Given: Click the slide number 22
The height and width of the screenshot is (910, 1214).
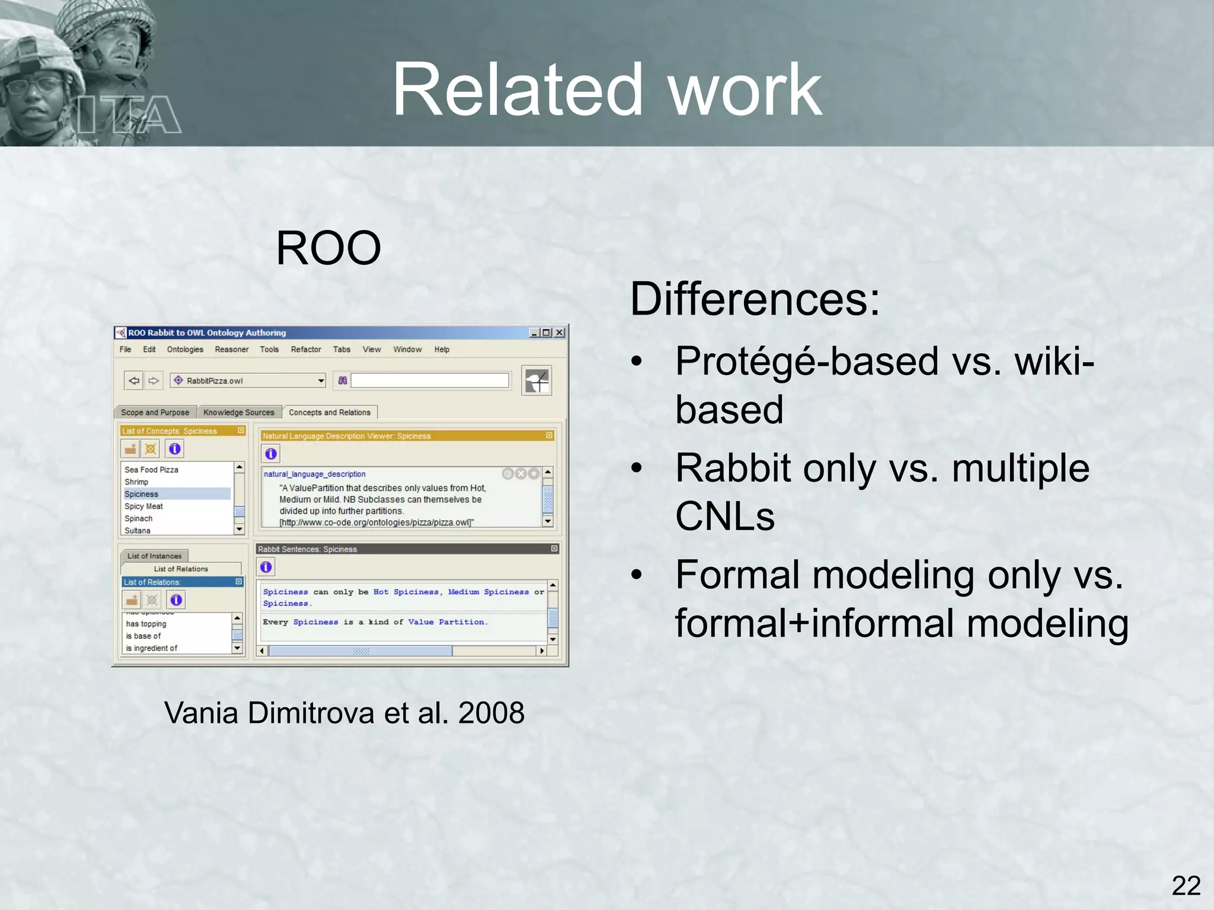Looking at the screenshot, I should [x=1186, y=886].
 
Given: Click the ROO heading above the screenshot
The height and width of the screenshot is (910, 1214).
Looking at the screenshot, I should [x=328, y=248].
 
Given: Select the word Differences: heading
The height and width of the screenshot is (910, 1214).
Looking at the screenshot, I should [x=755, y=299].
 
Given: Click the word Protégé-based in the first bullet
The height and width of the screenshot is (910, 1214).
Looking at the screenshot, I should [x=806, y=361].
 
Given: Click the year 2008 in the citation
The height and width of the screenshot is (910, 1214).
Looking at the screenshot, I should [x=491, y=713].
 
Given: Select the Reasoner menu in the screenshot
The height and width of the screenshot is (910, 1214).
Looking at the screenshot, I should [x=231, y=350].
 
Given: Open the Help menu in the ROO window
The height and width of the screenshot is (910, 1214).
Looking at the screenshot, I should [x=442, y=350].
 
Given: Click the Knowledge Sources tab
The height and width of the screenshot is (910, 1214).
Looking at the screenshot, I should [x=238, y=412].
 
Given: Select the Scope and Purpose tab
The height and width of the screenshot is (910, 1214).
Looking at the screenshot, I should [x=155, y=412].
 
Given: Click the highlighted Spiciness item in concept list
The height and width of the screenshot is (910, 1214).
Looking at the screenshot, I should [x=142, y=494].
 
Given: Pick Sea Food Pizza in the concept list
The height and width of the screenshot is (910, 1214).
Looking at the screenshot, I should [x=151, y=470].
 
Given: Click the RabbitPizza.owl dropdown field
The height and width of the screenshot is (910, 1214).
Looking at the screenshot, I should [x=248, y=380].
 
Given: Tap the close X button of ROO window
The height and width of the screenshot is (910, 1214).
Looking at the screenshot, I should [x=559, y=333].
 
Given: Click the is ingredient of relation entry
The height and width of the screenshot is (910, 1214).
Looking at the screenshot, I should [x=151, y=648].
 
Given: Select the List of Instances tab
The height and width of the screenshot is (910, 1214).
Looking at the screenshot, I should [x=154, y=556].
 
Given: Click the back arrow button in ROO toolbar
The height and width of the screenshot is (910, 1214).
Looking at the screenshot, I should [x=134, y=380].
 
